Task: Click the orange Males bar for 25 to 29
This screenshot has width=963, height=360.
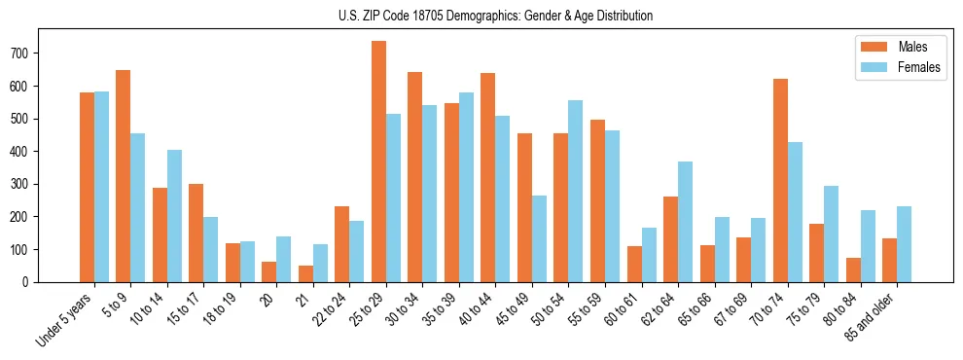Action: click(x=378, y=162)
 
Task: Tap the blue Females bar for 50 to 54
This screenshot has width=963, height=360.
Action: click(x=576, y=191)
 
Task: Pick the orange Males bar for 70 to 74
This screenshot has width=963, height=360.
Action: click(x=780, y=180)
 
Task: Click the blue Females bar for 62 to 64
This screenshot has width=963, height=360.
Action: click(x=685, y=222)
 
